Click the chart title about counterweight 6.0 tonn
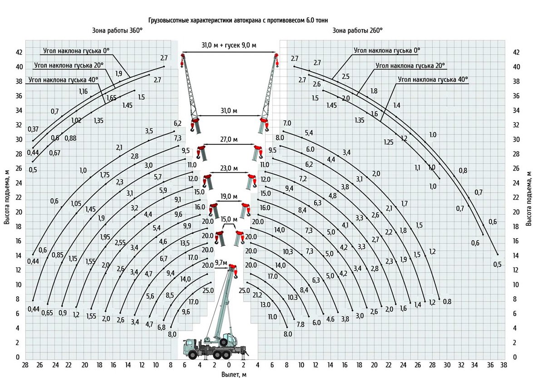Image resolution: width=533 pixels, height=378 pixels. [x=238, y=20]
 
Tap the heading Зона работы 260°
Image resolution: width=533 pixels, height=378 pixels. [x=358, y=30]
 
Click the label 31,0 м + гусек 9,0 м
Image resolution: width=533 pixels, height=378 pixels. [x=229, y=45]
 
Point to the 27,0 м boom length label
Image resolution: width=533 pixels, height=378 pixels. [x=229, y=139]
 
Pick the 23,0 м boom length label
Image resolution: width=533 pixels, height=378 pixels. [x=229, y=168]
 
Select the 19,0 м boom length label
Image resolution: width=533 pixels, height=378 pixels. [x=229, y=196]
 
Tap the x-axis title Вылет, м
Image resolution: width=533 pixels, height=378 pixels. [x=234, y=374]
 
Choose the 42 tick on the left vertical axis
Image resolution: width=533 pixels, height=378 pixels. [x=19, y=53]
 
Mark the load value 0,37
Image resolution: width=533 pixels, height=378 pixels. [x=33, y=128]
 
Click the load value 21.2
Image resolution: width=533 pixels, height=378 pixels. [x=257, y=295]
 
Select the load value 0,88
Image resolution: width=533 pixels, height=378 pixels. [x=70, y=138]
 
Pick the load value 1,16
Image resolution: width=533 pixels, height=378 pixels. [x=83, y=91]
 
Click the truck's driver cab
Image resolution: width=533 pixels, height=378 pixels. [x=190, y=349]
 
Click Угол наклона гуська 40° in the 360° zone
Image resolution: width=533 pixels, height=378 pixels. [x=64, y=80]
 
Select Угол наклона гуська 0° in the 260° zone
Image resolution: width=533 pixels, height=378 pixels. [x=387, y=50]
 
